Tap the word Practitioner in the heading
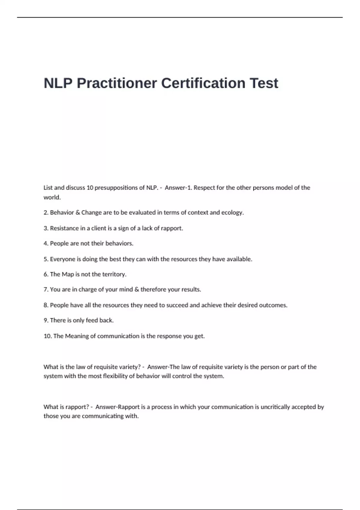coord(117,83)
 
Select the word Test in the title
coord(264,83)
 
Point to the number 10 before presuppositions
coord(90,188)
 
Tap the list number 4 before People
coord(46,243)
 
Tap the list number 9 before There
coord(46,320)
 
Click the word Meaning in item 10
coord(77,336)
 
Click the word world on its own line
coord(52,197)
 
